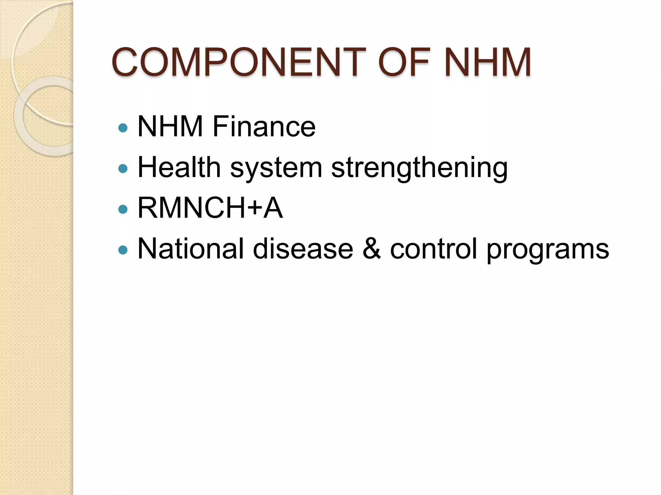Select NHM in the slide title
tap(487, 62)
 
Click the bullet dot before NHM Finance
tap(123, 128)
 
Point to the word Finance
tap(264, 126)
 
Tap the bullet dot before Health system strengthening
tap(123, 169)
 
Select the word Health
tap(179, 167)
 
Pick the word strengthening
tap(419, 168)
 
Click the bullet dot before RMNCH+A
tap(123, 209)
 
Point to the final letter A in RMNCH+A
tap(273, 208)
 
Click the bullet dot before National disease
tap(123, 250)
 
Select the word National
tap(190, 248)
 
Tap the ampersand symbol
tap(371, 248)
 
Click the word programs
tap(547, 250)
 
